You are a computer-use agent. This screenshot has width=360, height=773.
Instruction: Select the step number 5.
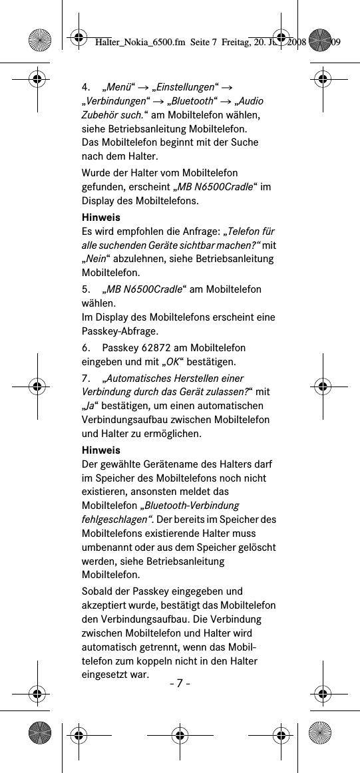pos(86,289)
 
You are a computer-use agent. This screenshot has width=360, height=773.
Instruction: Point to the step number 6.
pos(86,348)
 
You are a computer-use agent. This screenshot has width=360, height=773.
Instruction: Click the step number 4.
pos(86,86)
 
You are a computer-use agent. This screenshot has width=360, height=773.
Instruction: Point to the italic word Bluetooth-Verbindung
pos(192,506)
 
